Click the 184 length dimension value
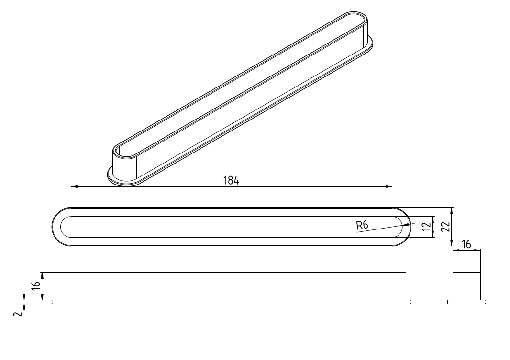click(x=231, y=180)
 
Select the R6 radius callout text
click(x=362, y=225)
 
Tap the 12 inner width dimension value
click(x=426, y=227)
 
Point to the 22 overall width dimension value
click(x=445, y=227)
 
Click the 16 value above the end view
click(x=466, y=244)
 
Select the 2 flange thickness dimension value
click(x=19, y=314)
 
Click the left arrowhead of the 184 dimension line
click(x=74, y=186)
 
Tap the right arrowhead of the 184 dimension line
click(x=388, y=186)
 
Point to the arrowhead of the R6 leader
click(x=407, y=224)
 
